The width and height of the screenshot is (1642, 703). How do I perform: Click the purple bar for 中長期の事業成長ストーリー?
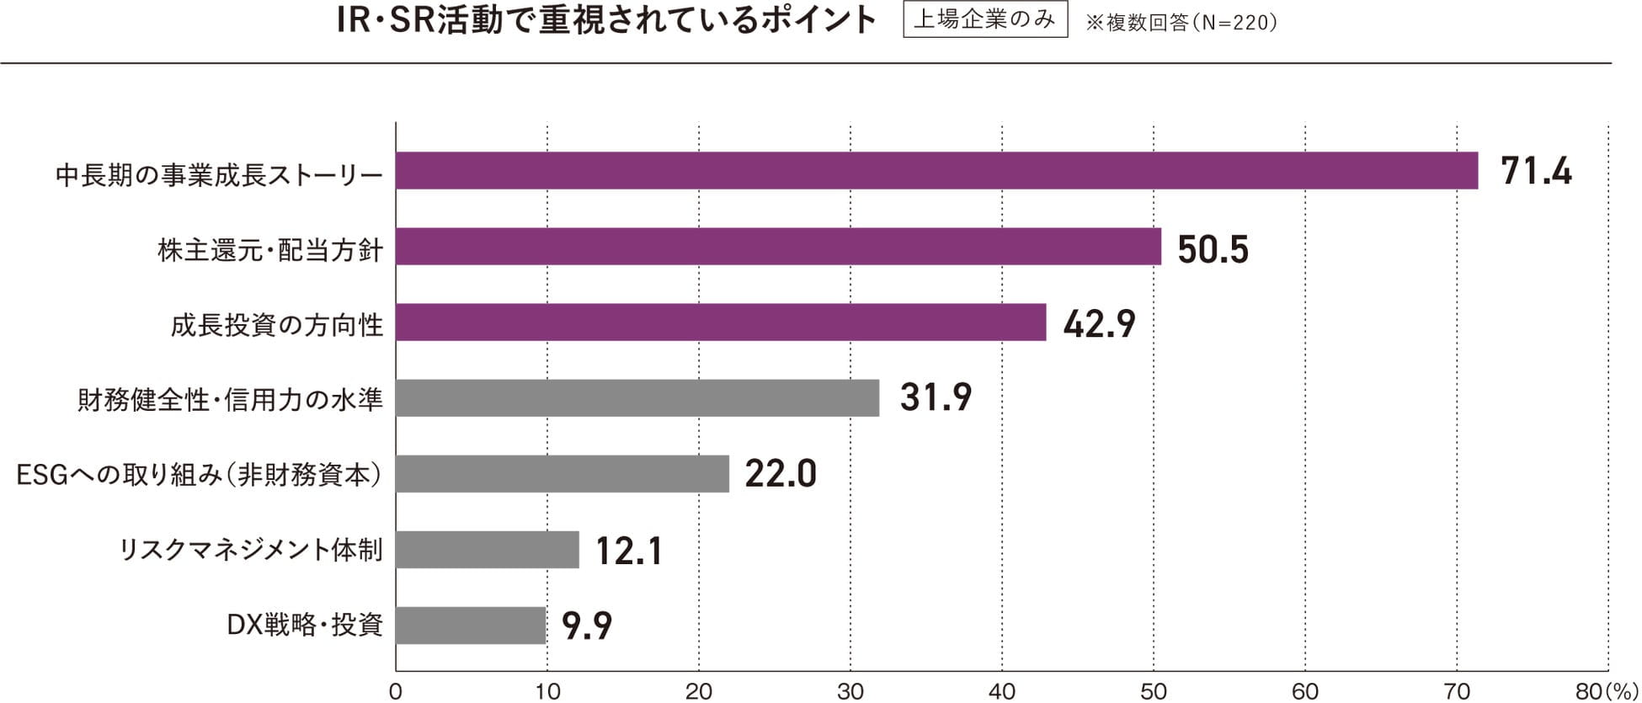coord(936,171)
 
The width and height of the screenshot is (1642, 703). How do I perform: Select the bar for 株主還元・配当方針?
coord(778,247)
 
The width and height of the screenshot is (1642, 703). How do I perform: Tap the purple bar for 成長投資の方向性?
coord(721,322)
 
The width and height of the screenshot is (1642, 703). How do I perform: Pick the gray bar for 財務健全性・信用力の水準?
coord(637,398)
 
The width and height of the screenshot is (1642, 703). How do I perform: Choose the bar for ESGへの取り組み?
coord(562,474)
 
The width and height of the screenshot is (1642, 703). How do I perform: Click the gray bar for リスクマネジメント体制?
coord(488,550)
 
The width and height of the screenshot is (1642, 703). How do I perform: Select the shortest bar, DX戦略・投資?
coord(471,626)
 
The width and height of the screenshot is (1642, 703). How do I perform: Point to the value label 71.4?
coord(1536,172)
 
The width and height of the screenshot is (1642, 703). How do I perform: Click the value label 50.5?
coord(1213,249)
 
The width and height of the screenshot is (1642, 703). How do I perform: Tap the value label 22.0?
coord(781,475)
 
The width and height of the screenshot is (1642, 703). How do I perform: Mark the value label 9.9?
coord(587,626)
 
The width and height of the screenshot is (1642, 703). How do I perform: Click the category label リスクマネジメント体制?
coord(251,551)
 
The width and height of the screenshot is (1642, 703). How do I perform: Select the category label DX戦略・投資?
coord(305,626)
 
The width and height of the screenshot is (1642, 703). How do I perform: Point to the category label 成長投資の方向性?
coord(277,324)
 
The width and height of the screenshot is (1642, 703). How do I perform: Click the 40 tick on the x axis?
coord(1002,691)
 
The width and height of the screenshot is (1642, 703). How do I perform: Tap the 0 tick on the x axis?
coord(396,691)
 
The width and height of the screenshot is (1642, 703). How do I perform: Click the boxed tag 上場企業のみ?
coord(985,20)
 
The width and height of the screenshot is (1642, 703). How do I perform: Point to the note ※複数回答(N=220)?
coord(1181,23)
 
